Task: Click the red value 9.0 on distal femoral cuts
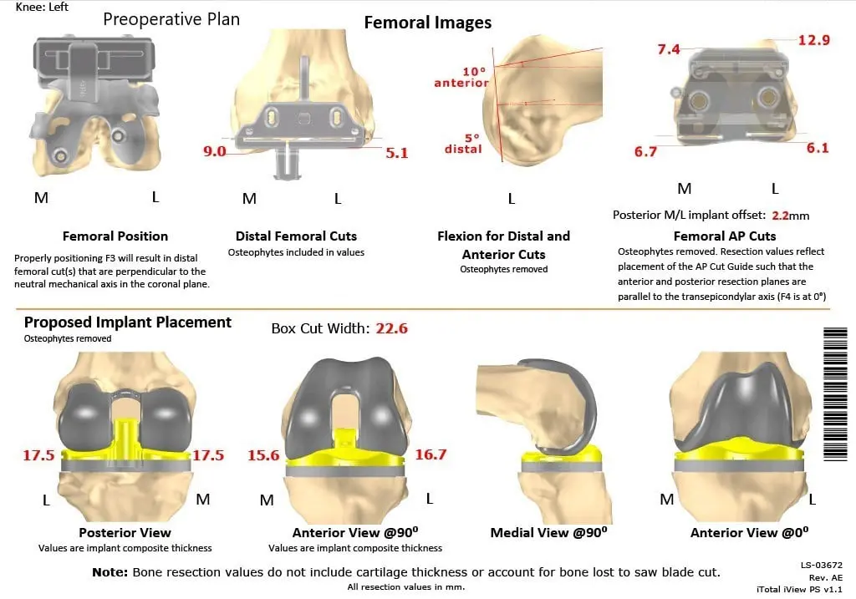pos(215,151)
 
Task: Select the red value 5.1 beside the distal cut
pos(396,153)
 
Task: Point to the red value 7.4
pos(669,50)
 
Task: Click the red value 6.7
pos(645,151)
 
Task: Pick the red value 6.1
pos(818,147)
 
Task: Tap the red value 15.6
pos(263,455)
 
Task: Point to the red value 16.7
pos(431,454)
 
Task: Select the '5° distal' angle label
pos(463,143)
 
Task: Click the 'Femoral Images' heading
pos(427,23)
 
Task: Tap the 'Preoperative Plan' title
pos(171,18)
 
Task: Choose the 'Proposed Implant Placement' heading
pos(128,322)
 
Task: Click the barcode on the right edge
pos(834,393)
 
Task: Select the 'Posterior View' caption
pos(125,532)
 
